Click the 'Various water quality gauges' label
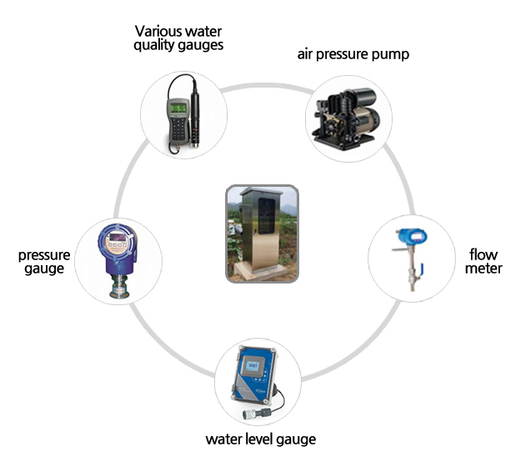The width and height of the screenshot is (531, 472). click(178, 38)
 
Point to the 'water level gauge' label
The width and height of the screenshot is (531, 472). click(261, 439)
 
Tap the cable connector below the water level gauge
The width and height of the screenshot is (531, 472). click(249, 412)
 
